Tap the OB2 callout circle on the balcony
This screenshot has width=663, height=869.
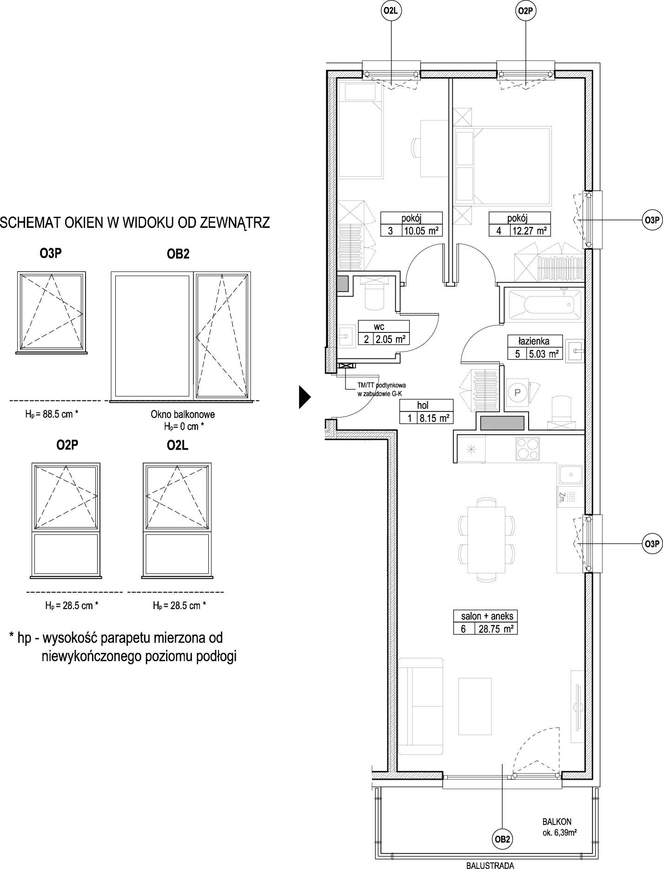point(503,839)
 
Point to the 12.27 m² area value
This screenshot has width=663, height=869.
point(530,231)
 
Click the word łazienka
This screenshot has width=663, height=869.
point(535,341)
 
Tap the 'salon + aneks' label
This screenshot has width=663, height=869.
point(487,616)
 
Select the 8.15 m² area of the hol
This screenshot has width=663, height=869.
point(434,418)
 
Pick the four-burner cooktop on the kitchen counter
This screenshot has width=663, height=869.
point(528,449)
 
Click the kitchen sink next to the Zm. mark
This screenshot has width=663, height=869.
point(570,475)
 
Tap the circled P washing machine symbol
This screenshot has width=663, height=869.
point(517,393)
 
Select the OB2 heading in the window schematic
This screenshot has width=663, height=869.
point(179,254)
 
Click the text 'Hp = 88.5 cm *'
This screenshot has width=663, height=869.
point(52,414)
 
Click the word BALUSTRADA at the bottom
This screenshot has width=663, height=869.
point(490,865)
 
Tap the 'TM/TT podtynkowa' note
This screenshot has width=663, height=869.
point(378,385)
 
